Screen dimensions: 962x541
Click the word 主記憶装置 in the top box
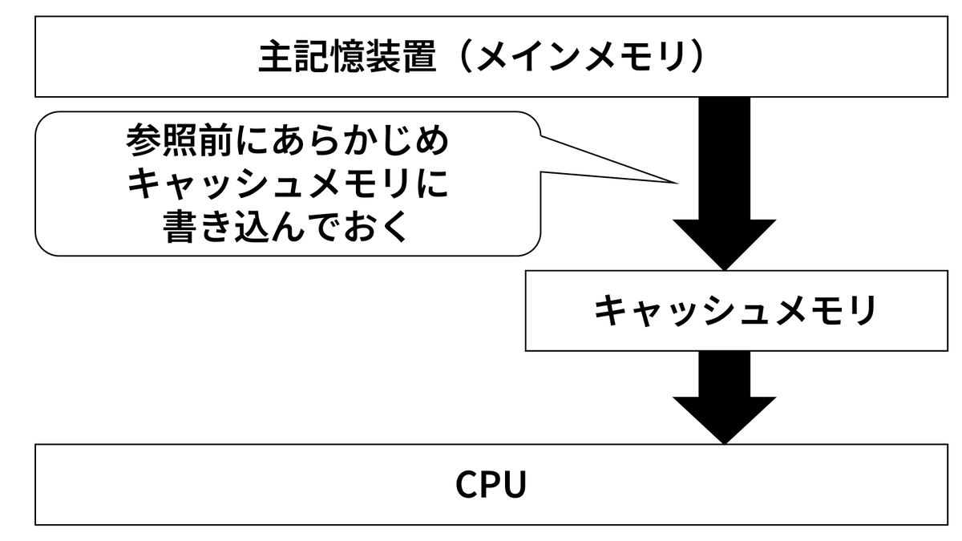click(347, 56)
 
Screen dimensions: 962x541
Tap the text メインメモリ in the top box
click(580, 56)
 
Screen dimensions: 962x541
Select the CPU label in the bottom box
click(491, 484)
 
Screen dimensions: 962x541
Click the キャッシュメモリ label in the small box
click(735, 310)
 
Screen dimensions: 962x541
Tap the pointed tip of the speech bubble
click(677, 184)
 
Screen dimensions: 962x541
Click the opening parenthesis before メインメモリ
click(464, 56)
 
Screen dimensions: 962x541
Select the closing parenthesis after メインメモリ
click(696, 56)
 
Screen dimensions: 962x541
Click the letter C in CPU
click(467, 484)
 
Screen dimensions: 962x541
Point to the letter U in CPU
click(515, 485)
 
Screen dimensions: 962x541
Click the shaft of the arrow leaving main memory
click(724, 159)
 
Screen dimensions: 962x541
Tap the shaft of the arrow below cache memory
click(724, 374)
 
